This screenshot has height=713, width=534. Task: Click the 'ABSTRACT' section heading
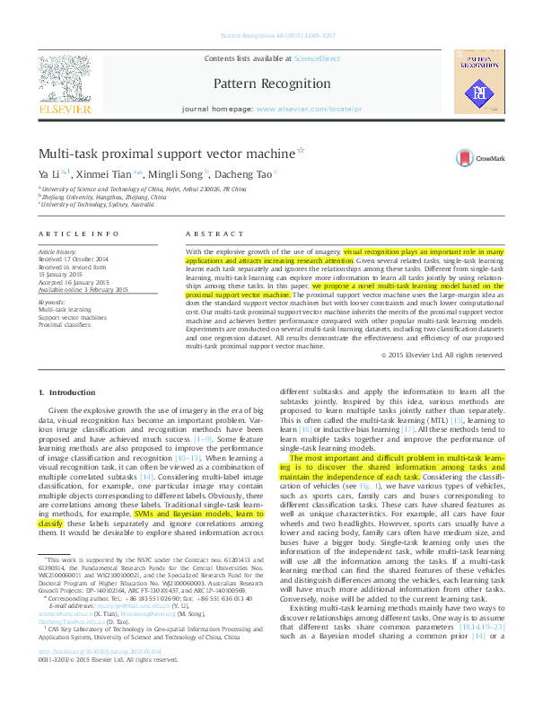point(207,233)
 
